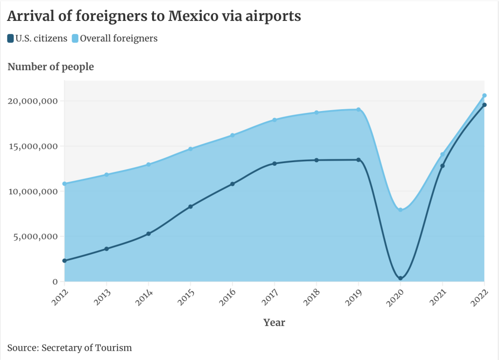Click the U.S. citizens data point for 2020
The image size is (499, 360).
pyautogui.click(x=401, y=278)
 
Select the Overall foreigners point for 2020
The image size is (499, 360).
pyautogui.click(x=401, y=210)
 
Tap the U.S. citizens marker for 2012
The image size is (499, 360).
pyautogui.click(x=64, y=261)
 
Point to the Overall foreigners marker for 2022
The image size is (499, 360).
pyautogui.click(x=484, y=95)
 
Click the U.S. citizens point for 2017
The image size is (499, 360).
pyautogui.click(x=274, y=163)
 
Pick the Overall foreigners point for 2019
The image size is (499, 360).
pyautogui.click(x=359, y=110)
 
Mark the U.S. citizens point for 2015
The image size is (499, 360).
pyautogui.click(x=191, y=207)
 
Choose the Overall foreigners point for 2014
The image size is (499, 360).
pyautogui.click(x=149, y=164)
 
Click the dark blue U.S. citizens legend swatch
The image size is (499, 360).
pyautogui.click(x=11, y=38)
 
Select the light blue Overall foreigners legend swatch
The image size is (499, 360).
pyautogui.click(x=75, y=38)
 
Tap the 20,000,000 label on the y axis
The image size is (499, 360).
pyautogui.click(x=33, y=101)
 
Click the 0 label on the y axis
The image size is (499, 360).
pyautogui.click(x=55, y=282)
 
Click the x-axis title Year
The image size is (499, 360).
pyautogui.click(x=274, y=322)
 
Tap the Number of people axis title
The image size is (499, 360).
pyautogui.click(x=51, y=67)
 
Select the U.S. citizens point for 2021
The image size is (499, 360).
pyautogui.click(x=442, y=166)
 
